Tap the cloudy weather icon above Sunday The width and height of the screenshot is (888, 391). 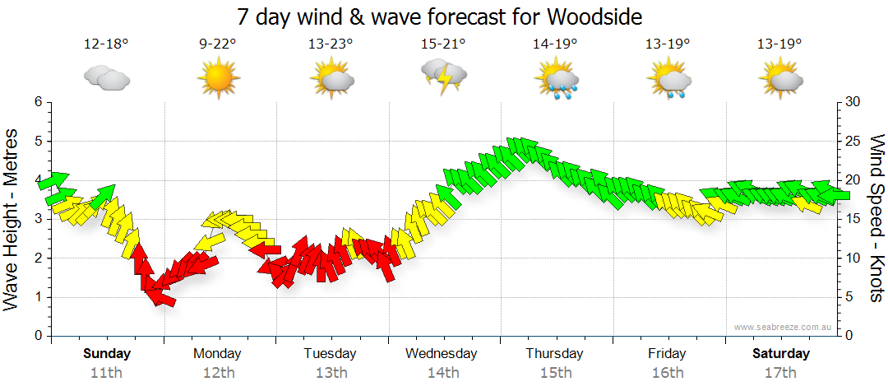click(107, 79)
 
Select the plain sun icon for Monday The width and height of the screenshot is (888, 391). click(218, 79)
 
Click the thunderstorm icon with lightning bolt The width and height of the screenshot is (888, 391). click(444, 77)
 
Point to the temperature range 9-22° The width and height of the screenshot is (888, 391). click(218, 44)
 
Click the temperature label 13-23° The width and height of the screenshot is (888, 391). click(331, 44)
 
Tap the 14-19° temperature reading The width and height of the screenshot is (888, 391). click(555, 44)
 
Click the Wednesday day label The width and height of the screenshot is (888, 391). click(442, 353)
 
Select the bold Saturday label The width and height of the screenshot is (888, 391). click(779, 353)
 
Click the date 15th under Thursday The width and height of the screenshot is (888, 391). click(555, 372)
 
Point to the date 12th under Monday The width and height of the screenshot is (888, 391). click(218, 372)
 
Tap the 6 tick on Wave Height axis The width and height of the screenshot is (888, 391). click(38, 102)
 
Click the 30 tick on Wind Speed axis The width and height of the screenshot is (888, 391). click(853, 102)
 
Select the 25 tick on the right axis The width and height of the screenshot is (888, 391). click(853, 141)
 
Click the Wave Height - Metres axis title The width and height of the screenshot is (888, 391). click(12, 218)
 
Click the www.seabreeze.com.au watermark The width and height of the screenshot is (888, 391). click(784, 327)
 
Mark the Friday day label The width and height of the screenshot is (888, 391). click(667, 353)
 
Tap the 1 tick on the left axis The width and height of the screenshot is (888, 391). click(38, 297)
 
